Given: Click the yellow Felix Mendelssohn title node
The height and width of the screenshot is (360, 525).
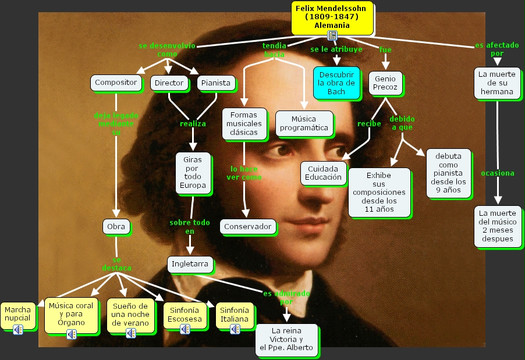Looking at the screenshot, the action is click(332, 16).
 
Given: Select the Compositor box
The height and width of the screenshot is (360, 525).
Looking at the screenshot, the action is click(116, 83).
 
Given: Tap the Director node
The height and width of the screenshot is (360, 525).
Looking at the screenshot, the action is click(169, 83).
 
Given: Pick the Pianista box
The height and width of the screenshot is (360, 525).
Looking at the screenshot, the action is click(216, 83).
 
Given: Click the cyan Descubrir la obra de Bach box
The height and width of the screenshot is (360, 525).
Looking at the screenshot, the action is click(336, 83).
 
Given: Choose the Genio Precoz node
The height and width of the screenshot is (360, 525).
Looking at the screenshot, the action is click(385, 83).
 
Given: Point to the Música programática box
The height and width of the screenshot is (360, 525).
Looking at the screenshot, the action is click(304, 123).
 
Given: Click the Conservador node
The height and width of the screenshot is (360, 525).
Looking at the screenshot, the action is click(248, 226).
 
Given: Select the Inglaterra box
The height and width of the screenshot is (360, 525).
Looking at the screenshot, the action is click(190, 264).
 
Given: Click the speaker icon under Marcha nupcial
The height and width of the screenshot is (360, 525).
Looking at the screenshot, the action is click(18, 330).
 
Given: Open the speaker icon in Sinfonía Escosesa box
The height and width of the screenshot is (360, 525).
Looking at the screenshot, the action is click(185, 329).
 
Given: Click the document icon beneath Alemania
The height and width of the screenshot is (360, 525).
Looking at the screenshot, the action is click(332, 36).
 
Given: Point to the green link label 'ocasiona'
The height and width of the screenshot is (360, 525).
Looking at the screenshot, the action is click(497, 173).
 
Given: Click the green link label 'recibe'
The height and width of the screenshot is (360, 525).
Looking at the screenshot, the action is click(369, 123).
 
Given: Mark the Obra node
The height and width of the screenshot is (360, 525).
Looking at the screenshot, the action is click(116, 227).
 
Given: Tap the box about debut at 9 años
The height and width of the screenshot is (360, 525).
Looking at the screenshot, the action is click(448, 173).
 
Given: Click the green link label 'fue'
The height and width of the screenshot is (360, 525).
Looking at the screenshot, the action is click(385, 49).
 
